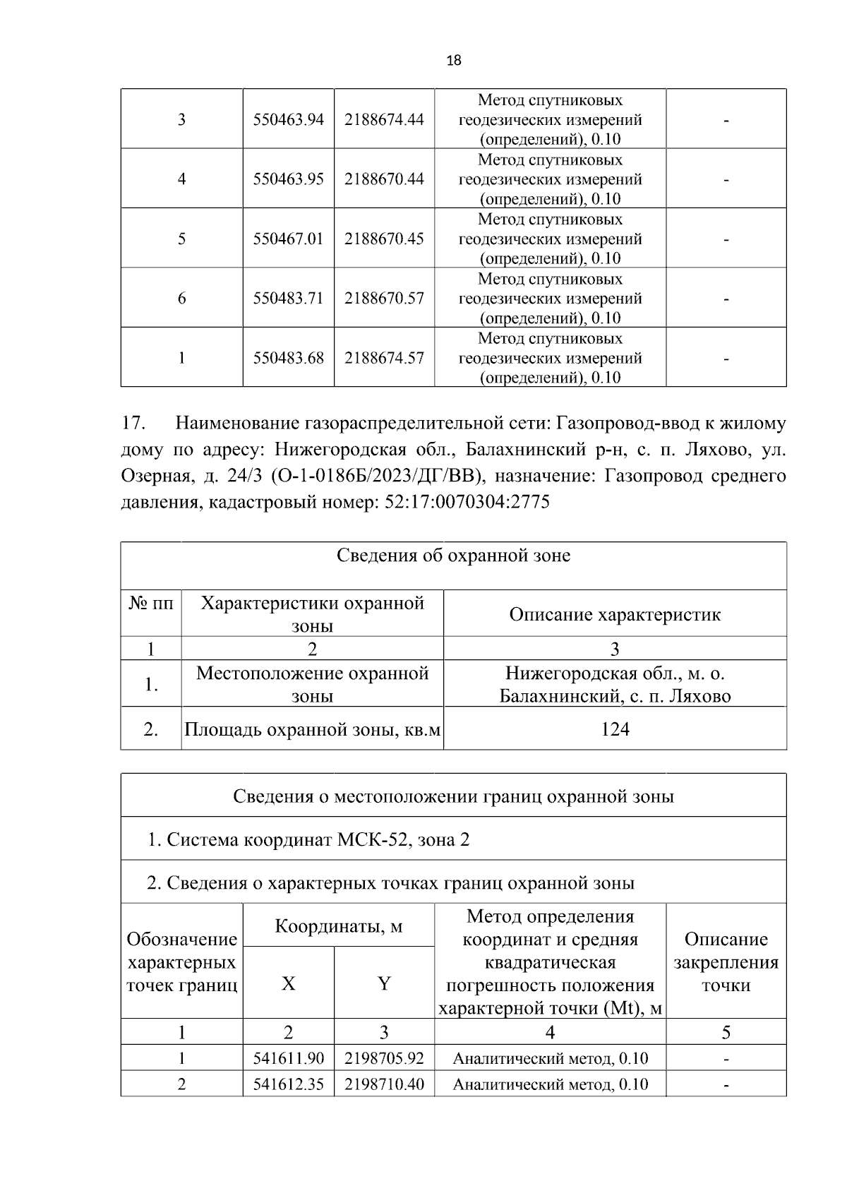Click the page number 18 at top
(454, 61)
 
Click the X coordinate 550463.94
(288, 119)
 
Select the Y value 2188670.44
(384, 179)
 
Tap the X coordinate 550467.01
(288, 239)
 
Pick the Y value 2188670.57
(384, 298)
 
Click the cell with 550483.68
(288, 358)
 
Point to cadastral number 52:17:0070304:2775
(466, 503)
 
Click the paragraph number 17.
(133, 424)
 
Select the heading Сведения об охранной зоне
(453, 556)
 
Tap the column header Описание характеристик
(615, 614)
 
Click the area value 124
(615, 729)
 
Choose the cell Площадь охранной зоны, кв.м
(312, 729)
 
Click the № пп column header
(151, 604)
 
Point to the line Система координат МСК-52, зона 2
(308, 839)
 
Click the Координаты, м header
(338, 926)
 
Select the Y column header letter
(384, 983)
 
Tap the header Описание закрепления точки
(726, 962)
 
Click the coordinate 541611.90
(288, 1058)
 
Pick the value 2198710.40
(384, 1084)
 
